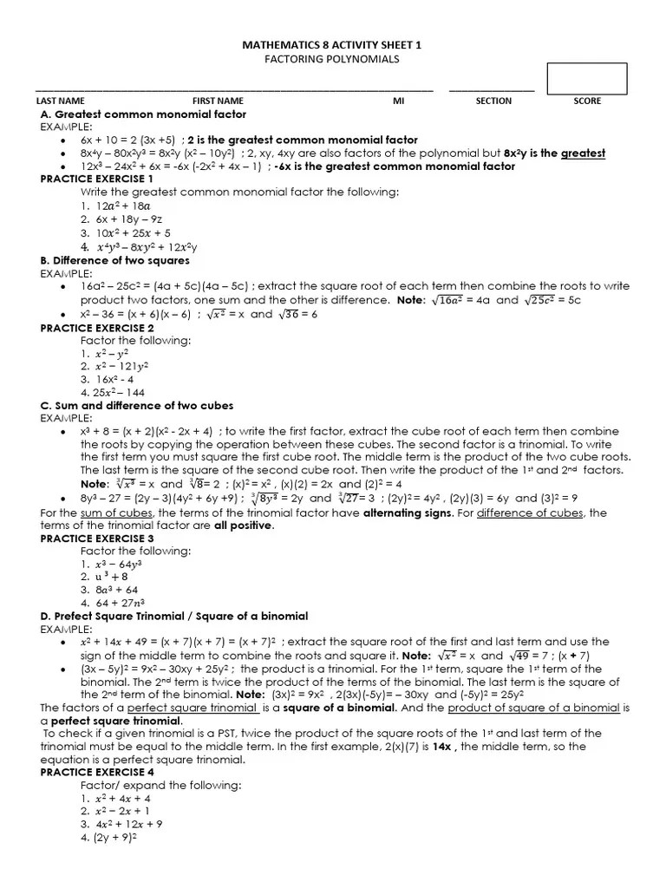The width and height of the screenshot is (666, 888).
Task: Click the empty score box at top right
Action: [587, 78]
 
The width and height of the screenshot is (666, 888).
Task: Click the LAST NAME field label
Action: [60, 101]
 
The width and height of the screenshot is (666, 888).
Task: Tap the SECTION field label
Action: [493, 101]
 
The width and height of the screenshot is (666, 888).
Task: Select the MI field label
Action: [399, 101]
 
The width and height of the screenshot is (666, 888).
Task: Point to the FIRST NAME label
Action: [218, 101]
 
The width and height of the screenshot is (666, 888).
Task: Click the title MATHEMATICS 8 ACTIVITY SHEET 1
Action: [332, 44]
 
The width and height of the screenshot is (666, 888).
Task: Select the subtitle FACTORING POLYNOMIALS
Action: [332, 58]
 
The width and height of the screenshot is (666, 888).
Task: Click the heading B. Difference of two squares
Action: [114, 260]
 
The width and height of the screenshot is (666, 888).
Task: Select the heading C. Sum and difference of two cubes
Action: [137, 405]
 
